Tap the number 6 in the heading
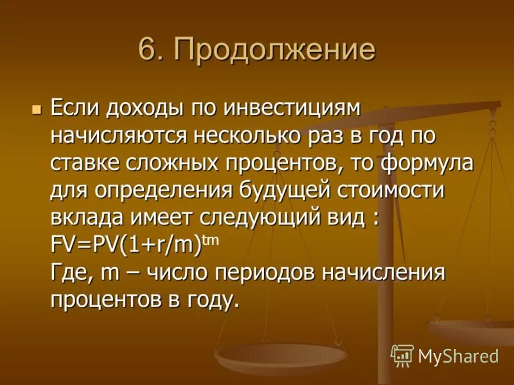147,49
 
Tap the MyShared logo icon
402,355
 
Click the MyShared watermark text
458,355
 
